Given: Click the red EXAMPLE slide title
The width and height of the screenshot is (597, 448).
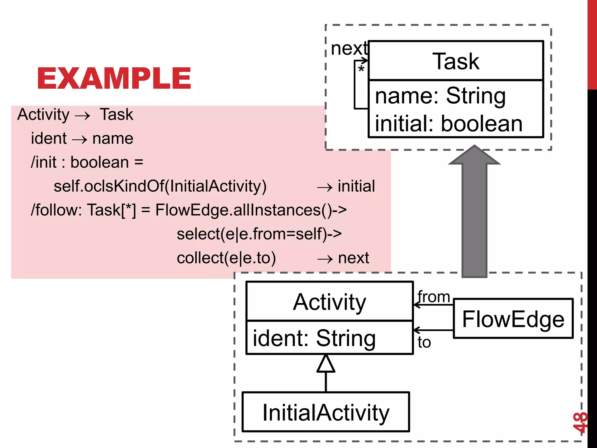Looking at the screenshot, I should [x=114, y=78].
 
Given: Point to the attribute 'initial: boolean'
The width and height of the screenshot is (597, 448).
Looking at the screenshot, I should [x=449, y=123].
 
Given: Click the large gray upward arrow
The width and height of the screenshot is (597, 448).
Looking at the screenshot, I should [x=474, y=213].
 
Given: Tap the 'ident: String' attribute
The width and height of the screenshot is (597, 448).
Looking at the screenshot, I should [x=314, y=338].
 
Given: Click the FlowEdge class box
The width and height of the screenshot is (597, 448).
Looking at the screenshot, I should [x=513, y=319].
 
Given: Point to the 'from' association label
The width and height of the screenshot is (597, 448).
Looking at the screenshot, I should [x=434, y=297].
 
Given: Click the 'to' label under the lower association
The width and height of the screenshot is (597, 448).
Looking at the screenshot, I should [x=424, y=342].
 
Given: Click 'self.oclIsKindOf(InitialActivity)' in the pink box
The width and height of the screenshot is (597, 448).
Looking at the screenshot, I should [x=160, y=186].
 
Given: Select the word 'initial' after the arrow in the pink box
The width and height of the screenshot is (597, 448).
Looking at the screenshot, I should [x=356, y=186].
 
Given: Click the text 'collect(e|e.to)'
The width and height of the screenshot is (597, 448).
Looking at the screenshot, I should [x=226, y=258].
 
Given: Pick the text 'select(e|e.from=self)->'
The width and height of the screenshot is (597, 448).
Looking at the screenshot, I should [x=259, y=234].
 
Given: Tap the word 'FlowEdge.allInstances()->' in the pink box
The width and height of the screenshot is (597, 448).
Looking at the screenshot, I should [x=251, y=210].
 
